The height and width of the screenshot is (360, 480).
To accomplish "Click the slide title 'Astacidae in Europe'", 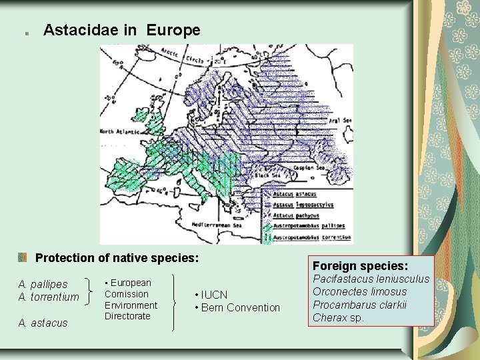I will coord(121,30).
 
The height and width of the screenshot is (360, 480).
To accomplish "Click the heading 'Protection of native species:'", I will coord(117,257).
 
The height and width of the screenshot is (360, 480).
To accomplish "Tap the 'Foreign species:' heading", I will coord(360,265).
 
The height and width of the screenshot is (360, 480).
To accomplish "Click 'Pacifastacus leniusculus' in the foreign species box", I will coord(371,279).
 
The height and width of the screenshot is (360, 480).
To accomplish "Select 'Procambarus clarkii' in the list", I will coord(360,305).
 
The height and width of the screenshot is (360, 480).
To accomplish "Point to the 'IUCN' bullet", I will coord(214,295).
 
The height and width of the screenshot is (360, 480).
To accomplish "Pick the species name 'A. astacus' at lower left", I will coord(43,323).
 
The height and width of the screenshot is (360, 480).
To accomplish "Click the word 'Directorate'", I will coord(127,316).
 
